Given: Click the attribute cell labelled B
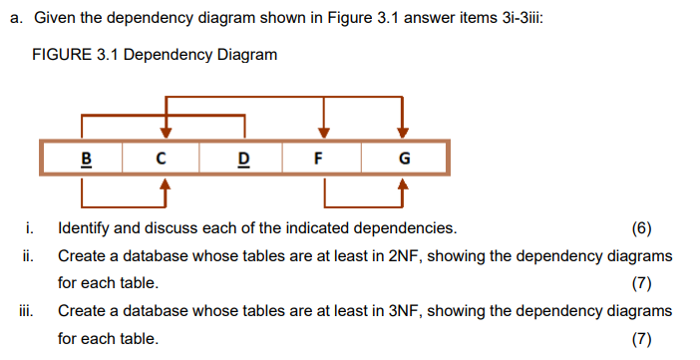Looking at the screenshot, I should click(x=85, y=158).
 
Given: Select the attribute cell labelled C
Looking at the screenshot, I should click(x=163, y=158).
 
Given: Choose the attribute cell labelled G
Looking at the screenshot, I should click(x=403, y=158).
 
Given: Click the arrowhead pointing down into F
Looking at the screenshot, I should click(x=322, y=132).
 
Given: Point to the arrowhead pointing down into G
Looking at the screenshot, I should click(x=403, y=132).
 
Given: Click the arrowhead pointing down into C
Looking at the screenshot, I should click(x=167, y=132).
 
